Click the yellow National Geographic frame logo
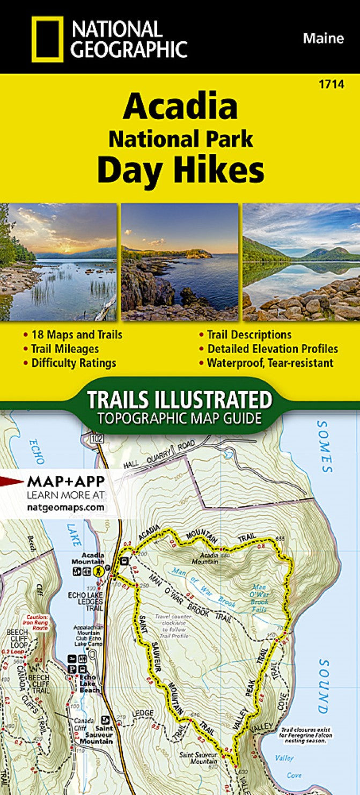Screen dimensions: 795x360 (47, 38)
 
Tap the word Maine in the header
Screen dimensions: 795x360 (324, 38)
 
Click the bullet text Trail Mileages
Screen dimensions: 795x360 (65, 349)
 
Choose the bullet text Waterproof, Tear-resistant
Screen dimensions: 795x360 (270, 363)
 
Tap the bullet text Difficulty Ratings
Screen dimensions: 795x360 (74, 363)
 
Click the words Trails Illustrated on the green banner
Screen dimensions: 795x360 (180, 400)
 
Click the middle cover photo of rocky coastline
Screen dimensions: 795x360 (180, 262)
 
